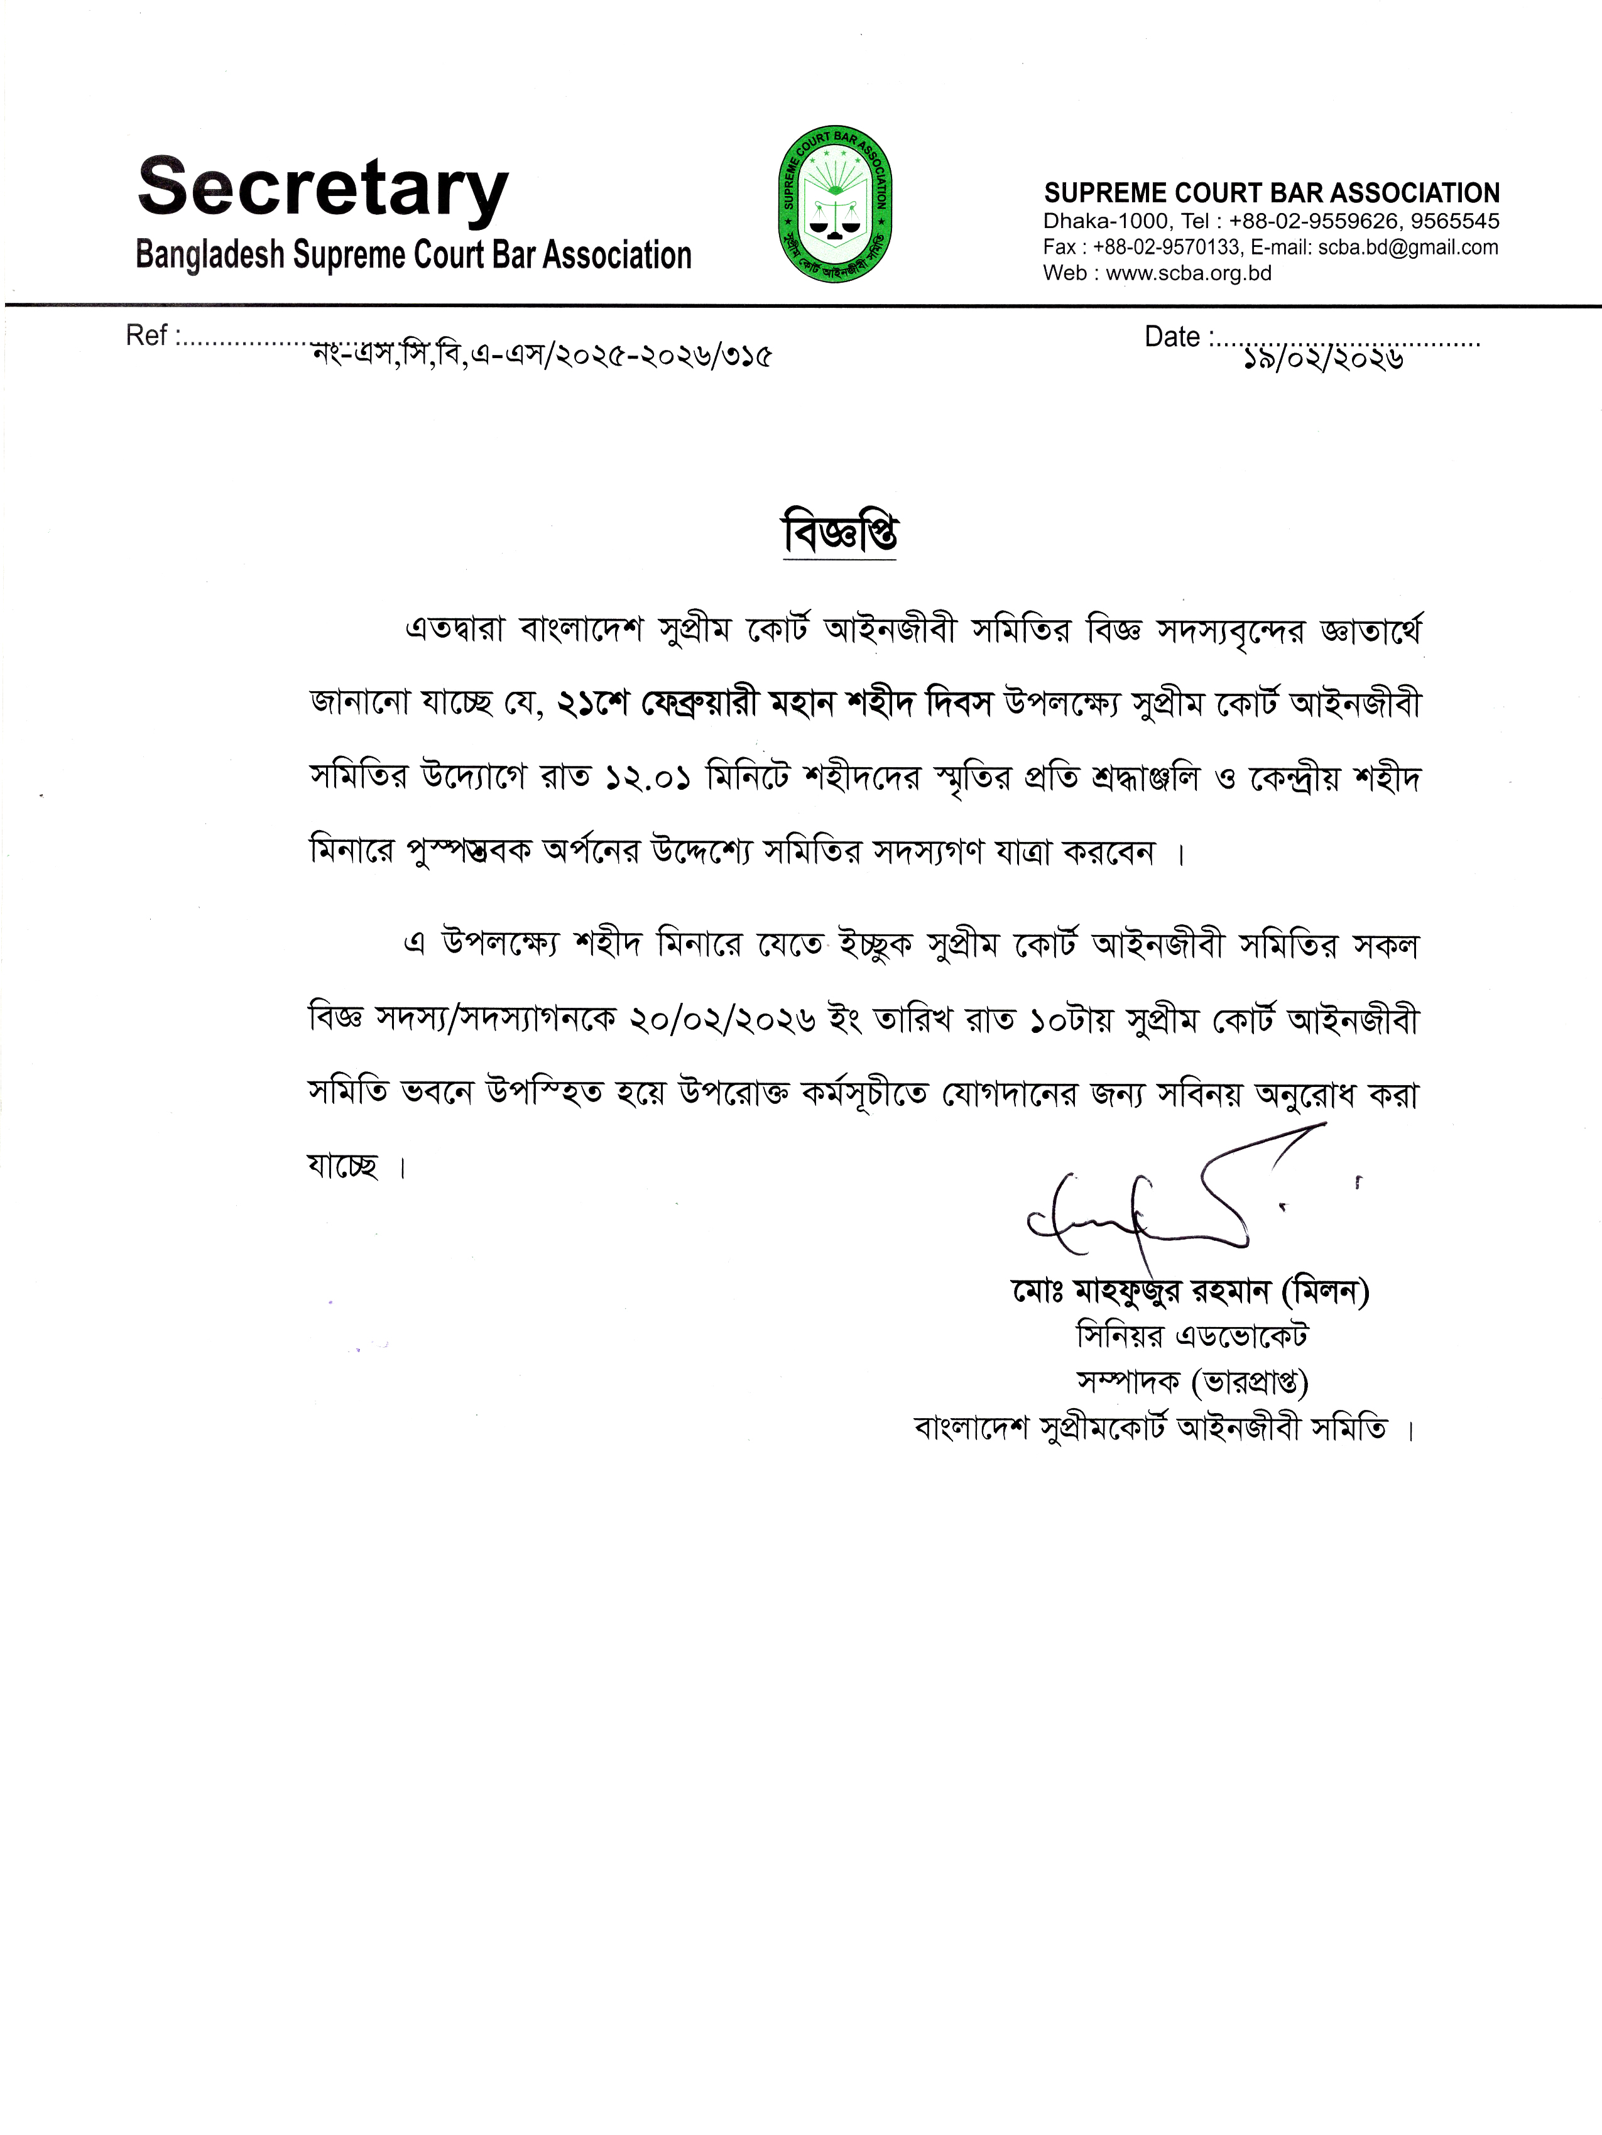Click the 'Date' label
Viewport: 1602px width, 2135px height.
[1172, 336]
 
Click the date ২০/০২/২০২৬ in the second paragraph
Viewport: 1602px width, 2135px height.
[722, 1020]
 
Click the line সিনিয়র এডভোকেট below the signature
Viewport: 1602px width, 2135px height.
[1192, 1337]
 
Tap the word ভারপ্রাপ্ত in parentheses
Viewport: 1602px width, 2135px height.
[1250, 1383]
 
